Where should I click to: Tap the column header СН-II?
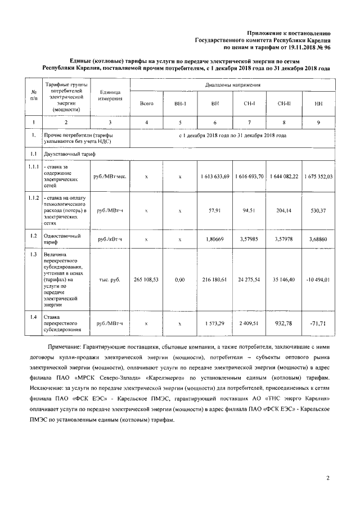tap(284, 103)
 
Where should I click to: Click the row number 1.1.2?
tap(34, 198)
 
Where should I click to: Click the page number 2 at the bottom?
tap(328, 479)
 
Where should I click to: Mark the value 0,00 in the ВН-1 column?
tap(180, 279)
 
